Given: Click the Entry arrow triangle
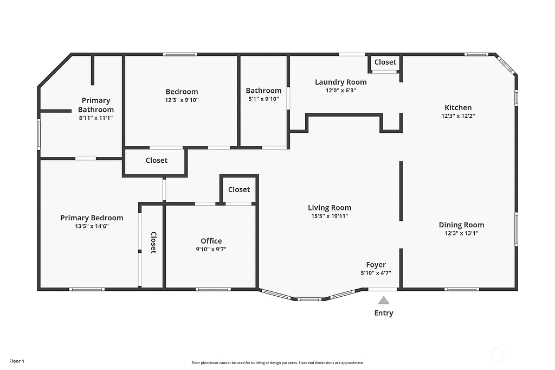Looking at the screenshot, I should pyautogui.click(x=384, y=300).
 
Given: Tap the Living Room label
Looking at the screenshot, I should pyautogui.click(x=330, y=208).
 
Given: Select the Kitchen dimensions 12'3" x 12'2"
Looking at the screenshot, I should pyautogui.click(x=458, y=116).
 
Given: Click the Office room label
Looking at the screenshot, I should pyautogui.click(x=211, y=241).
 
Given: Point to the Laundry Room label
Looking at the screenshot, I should pyautogui.click(x=340, y=82).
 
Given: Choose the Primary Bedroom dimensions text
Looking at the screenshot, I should pyautogui.click(x=92, y=226).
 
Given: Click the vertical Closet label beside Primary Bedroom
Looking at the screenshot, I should pyautogui.click(x=153, y=243).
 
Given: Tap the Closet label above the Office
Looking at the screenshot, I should pyautogui.click(x=239, y=189).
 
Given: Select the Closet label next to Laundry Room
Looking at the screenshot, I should pyautogui.click(x=385, y=62).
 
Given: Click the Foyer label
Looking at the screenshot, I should pyautogui.click(x=376, y=265).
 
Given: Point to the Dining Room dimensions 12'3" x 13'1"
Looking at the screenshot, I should pyautogui.click(x=462, y=233).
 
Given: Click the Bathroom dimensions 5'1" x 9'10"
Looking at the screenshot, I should pyautogui.click(x=263, y=99).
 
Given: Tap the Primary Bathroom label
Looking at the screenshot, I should pyautogui.click(x=96, y=105).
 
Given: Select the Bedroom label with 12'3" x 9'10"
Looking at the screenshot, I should pyautogui.click(x=182, y=92).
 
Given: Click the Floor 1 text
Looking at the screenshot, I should pyautogui.click(x=17, y=361).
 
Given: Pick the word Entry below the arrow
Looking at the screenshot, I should pyautogui.click(x=384, y=313).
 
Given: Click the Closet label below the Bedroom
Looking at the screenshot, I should pyautogui.click(x=157, y=160).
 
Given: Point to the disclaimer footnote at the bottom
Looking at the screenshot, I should pyautogui.click(x=277, y=363).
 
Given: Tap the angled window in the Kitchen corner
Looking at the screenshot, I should pyautogui.click(x=506, y=65).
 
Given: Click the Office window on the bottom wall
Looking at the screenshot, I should pyautogui.click(x=213, y=289).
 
